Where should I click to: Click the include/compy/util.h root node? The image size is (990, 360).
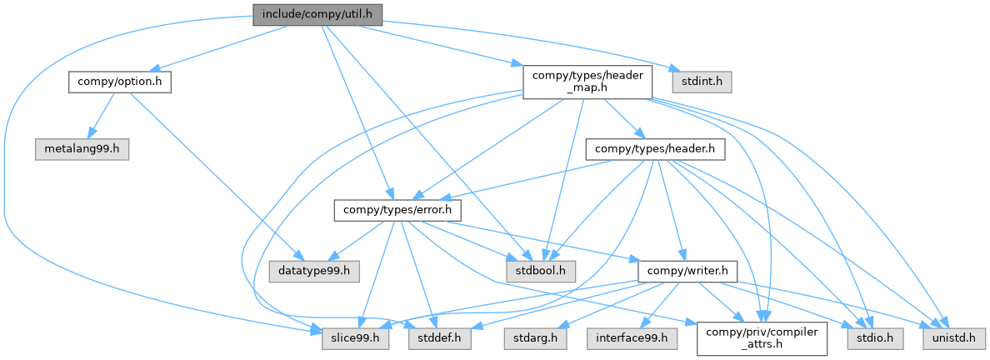(x=318, y=14)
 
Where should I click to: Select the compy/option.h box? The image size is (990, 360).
(x=120, y=82)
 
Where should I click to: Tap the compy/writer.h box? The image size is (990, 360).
(x=687, y=271)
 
